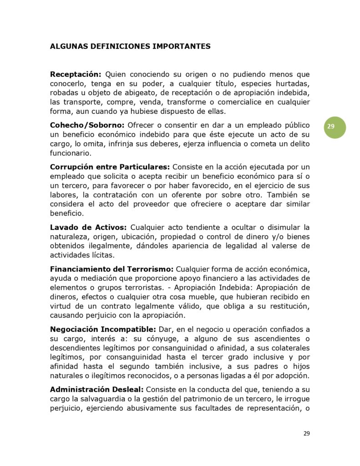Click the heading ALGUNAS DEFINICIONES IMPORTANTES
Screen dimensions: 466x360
tap(130, 46)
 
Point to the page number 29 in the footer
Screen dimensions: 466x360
tap(307, 433)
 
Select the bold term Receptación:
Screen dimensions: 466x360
tap(76, 74)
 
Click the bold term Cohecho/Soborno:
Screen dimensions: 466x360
tap(87, 125)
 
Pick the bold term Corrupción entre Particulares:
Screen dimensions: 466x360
tap(110, 167)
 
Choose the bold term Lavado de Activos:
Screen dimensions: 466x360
tap(88, 227)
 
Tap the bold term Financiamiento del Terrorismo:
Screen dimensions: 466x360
tap(112, 269)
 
